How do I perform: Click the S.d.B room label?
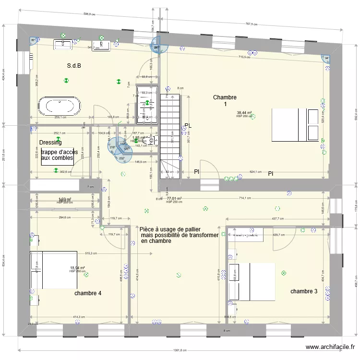[x=74, y=66]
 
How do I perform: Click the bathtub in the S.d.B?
[x=60, y=106]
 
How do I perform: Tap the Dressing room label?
[x=50, y=143]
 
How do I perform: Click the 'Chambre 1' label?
[x=225, y=101]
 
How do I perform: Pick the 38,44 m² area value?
[x=244, y=113]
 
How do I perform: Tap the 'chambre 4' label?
[x=88, y=293]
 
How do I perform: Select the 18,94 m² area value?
[x=77, y=268]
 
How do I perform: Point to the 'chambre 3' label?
[x=304, y=291]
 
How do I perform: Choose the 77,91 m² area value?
[x=174, y=199]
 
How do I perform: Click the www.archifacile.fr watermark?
[x=330, y=347]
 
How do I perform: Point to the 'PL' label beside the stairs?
[x=188, y=126]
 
